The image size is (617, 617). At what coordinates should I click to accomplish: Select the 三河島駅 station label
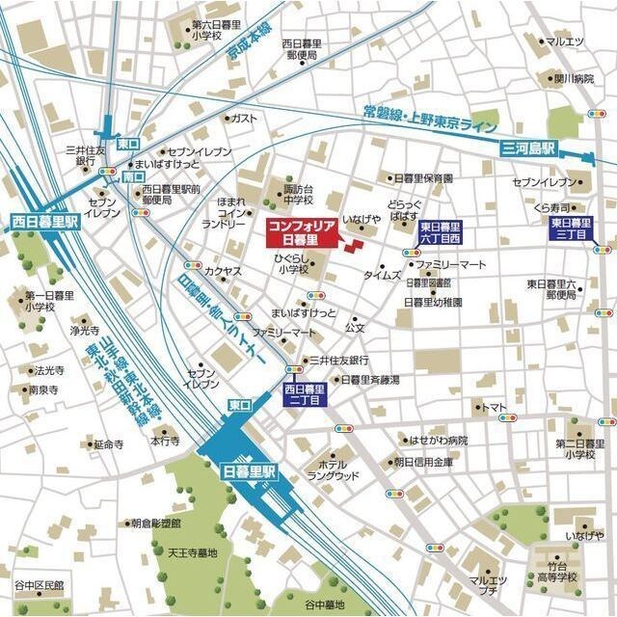pos(529,148)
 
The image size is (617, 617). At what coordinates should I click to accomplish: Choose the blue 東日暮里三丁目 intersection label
pos(571,228)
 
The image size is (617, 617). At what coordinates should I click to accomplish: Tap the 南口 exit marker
pos(133,178)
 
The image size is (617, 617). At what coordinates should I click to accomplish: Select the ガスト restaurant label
pos(245,118)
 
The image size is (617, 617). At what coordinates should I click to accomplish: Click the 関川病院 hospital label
pos(573,78)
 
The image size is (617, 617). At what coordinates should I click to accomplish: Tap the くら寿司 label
pos(556,207)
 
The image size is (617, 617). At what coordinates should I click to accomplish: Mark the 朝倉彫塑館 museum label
pos(156,523)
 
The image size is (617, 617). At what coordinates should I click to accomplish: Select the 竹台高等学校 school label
pos(557,573)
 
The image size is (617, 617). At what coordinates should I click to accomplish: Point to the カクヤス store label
pos(223,272)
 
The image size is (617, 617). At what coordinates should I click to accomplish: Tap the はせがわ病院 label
pos(439,441)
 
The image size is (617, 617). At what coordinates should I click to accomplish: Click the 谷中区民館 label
pos(39,585)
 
